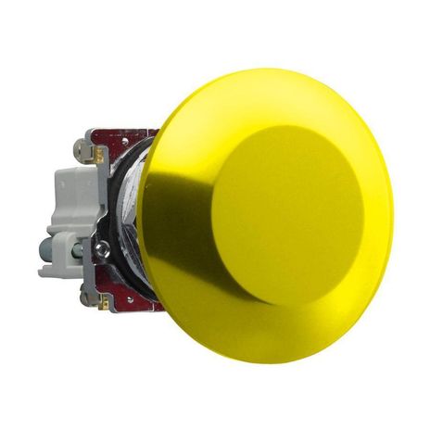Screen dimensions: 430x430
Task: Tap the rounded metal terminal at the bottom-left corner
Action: (x=86, y=298)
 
